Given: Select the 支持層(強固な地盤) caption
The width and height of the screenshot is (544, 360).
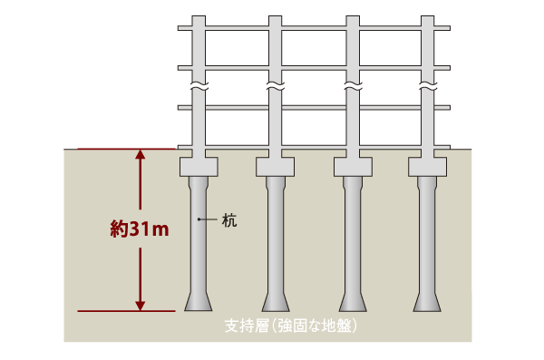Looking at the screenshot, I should pos(289,325).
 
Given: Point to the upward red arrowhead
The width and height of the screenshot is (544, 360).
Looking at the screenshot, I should pos(140,156).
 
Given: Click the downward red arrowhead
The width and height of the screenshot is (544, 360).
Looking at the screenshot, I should pos(140,304).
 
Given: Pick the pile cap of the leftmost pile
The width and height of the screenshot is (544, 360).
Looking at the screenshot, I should pos(199,167).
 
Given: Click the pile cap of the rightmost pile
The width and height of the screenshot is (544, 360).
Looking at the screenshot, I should pos(427,167).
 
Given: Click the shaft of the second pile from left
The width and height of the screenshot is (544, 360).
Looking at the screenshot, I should pos(276,236).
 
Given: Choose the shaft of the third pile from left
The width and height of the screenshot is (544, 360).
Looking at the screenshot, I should pos(352,236).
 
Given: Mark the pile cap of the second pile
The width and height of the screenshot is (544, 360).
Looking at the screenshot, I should pos(276,167).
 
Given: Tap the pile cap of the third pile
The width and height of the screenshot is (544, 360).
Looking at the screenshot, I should pos(352,167).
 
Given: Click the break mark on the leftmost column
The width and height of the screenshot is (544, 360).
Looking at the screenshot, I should pos(199,88).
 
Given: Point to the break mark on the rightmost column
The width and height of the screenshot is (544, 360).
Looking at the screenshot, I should pos(427,88).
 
